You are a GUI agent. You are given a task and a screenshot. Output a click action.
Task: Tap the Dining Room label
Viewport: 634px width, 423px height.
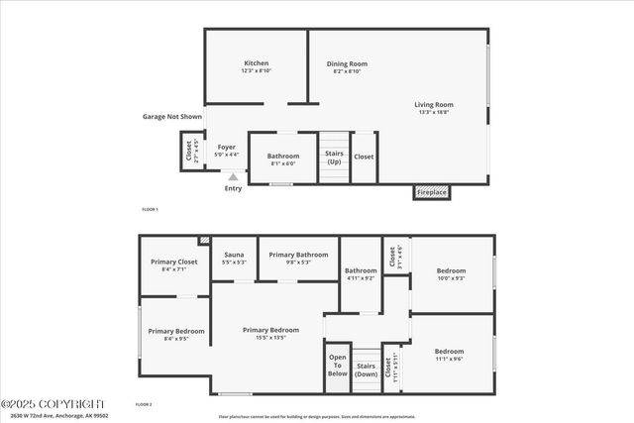[x=347, y=64]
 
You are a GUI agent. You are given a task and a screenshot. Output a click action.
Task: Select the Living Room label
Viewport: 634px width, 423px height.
[x=433, y=104]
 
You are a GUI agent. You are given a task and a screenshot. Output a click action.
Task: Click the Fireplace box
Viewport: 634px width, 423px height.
[x=431, y=192]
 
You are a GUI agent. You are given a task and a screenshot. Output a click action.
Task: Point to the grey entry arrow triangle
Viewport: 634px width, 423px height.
[x=233, y=177]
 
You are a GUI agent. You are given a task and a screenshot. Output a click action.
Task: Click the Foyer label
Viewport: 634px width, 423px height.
[x=227, y=148]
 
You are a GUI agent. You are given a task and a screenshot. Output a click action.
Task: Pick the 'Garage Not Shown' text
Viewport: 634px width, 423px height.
[x=171, y=116]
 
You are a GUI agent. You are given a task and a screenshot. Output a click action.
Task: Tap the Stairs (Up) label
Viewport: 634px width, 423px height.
[x=334, y=157]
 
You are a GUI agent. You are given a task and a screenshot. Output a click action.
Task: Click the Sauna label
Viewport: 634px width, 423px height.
[x=234, y=255]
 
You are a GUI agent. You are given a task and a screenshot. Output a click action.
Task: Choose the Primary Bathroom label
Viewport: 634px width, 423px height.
[x=298, y=255]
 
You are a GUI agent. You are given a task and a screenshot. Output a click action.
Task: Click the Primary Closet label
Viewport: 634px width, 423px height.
[x=174, y=262]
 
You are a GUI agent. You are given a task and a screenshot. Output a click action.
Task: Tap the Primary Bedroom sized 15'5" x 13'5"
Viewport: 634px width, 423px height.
[x=270, y=330]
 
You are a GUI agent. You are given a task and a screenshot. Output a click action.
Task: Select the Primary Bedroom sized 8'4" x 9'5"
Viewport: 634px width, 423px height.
[x=175, y=331]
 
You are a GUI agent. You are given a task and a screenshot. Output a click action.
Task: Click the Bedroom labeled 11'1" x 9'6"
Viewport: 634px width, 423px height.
[x=449, y=352]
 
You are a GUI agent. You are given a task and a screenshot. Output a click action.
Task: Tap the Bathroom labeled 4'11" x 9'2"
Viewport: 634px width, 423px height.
[x=361, y=270]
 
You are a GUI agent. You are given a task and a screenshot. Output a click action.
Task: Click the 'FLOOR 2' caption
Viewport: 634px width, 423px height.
[x=144, y=404]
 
